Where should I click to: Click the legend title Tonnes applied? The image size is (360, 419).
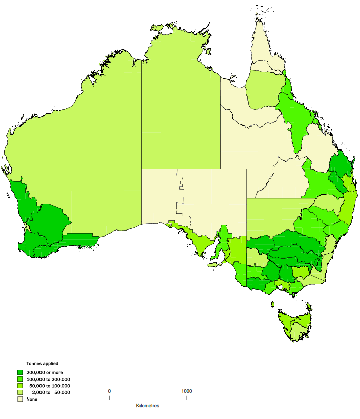click(x=42, y=363)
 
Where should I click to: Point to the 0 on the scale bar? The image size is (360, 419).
click(x=109, y=391)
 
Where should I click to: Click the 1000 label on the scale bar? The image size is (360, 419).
click(x=186, y=391)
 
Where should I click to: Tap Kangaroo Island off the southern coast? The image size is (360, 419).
click(x=214, y=265)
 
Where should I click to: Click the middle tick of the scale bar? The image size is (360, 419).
click(x=148, y=397)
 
